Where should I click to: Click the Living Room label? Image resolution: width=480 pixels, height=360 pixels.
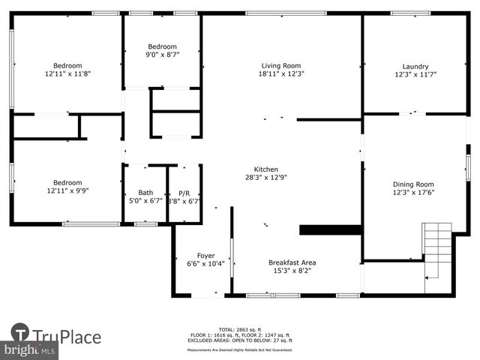[x=281, y=65]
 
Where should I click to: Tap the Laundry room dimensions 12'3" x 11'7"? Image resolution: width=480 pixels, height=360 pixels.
[x=415, y=75]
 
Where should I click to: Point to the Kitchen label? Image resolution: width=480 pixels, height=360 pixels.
[x=266, y=169]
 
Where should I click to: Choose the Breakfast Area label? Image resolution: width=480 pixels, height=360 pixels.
[x=292, y=262]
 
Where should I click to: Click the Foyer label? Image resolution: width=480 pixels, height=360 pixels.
[x=205, y=256]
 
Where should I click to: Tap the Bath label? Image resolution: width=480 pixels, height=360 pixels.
[x=145, y=193]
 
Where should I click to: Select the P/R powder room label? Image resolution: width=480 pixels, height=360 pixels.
[x=184, y=193]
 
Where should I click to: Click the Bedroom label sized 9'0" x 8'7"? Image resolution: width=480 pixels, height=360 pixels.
[x=162, y=46]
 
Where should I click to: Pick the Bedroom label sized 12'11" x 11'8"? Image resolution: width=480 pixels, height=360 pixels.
[x=67, y=65]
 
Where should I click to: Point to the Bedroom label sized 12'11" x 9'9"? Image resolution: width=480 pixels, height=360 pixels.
[x=67, y=182]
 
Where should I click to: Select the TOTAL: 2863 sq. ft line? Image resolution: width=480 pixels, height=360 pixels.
[x=240, y=329]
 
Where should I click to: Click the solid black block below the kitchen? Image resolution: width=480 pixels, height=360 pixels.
[x=331, y=229]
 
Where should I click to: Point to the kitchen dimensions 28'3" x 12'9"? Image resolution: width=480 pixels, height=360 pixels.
[x=266, y=178]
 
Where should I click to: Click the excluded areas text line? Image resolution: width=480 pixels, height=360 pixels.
[x=240, y=340]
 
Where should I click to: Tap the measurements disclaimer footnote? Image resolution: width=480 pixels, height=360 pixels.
[x=240, y=349]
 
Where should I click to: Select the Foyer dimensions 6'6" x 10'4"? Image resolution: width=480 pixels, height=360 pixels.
[x=205, y=264]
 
